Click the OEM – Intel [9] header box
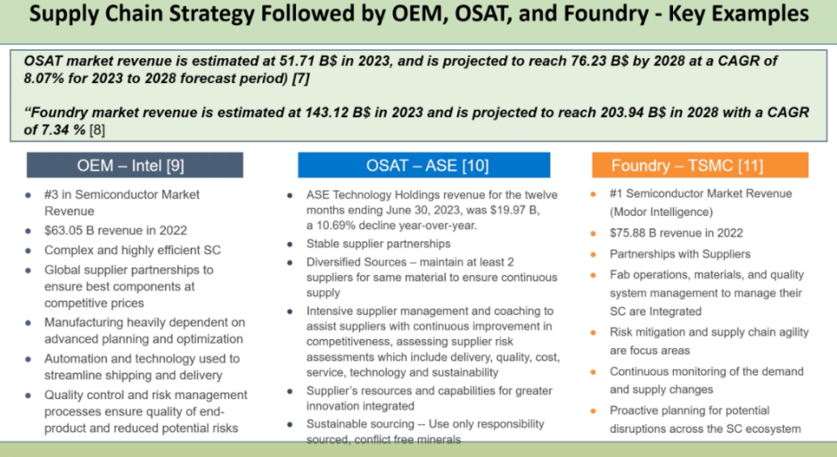click(135, 165)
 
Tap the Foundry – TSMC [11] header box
click(700, 165)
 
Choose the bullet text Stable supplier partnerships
click(378, 244)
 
